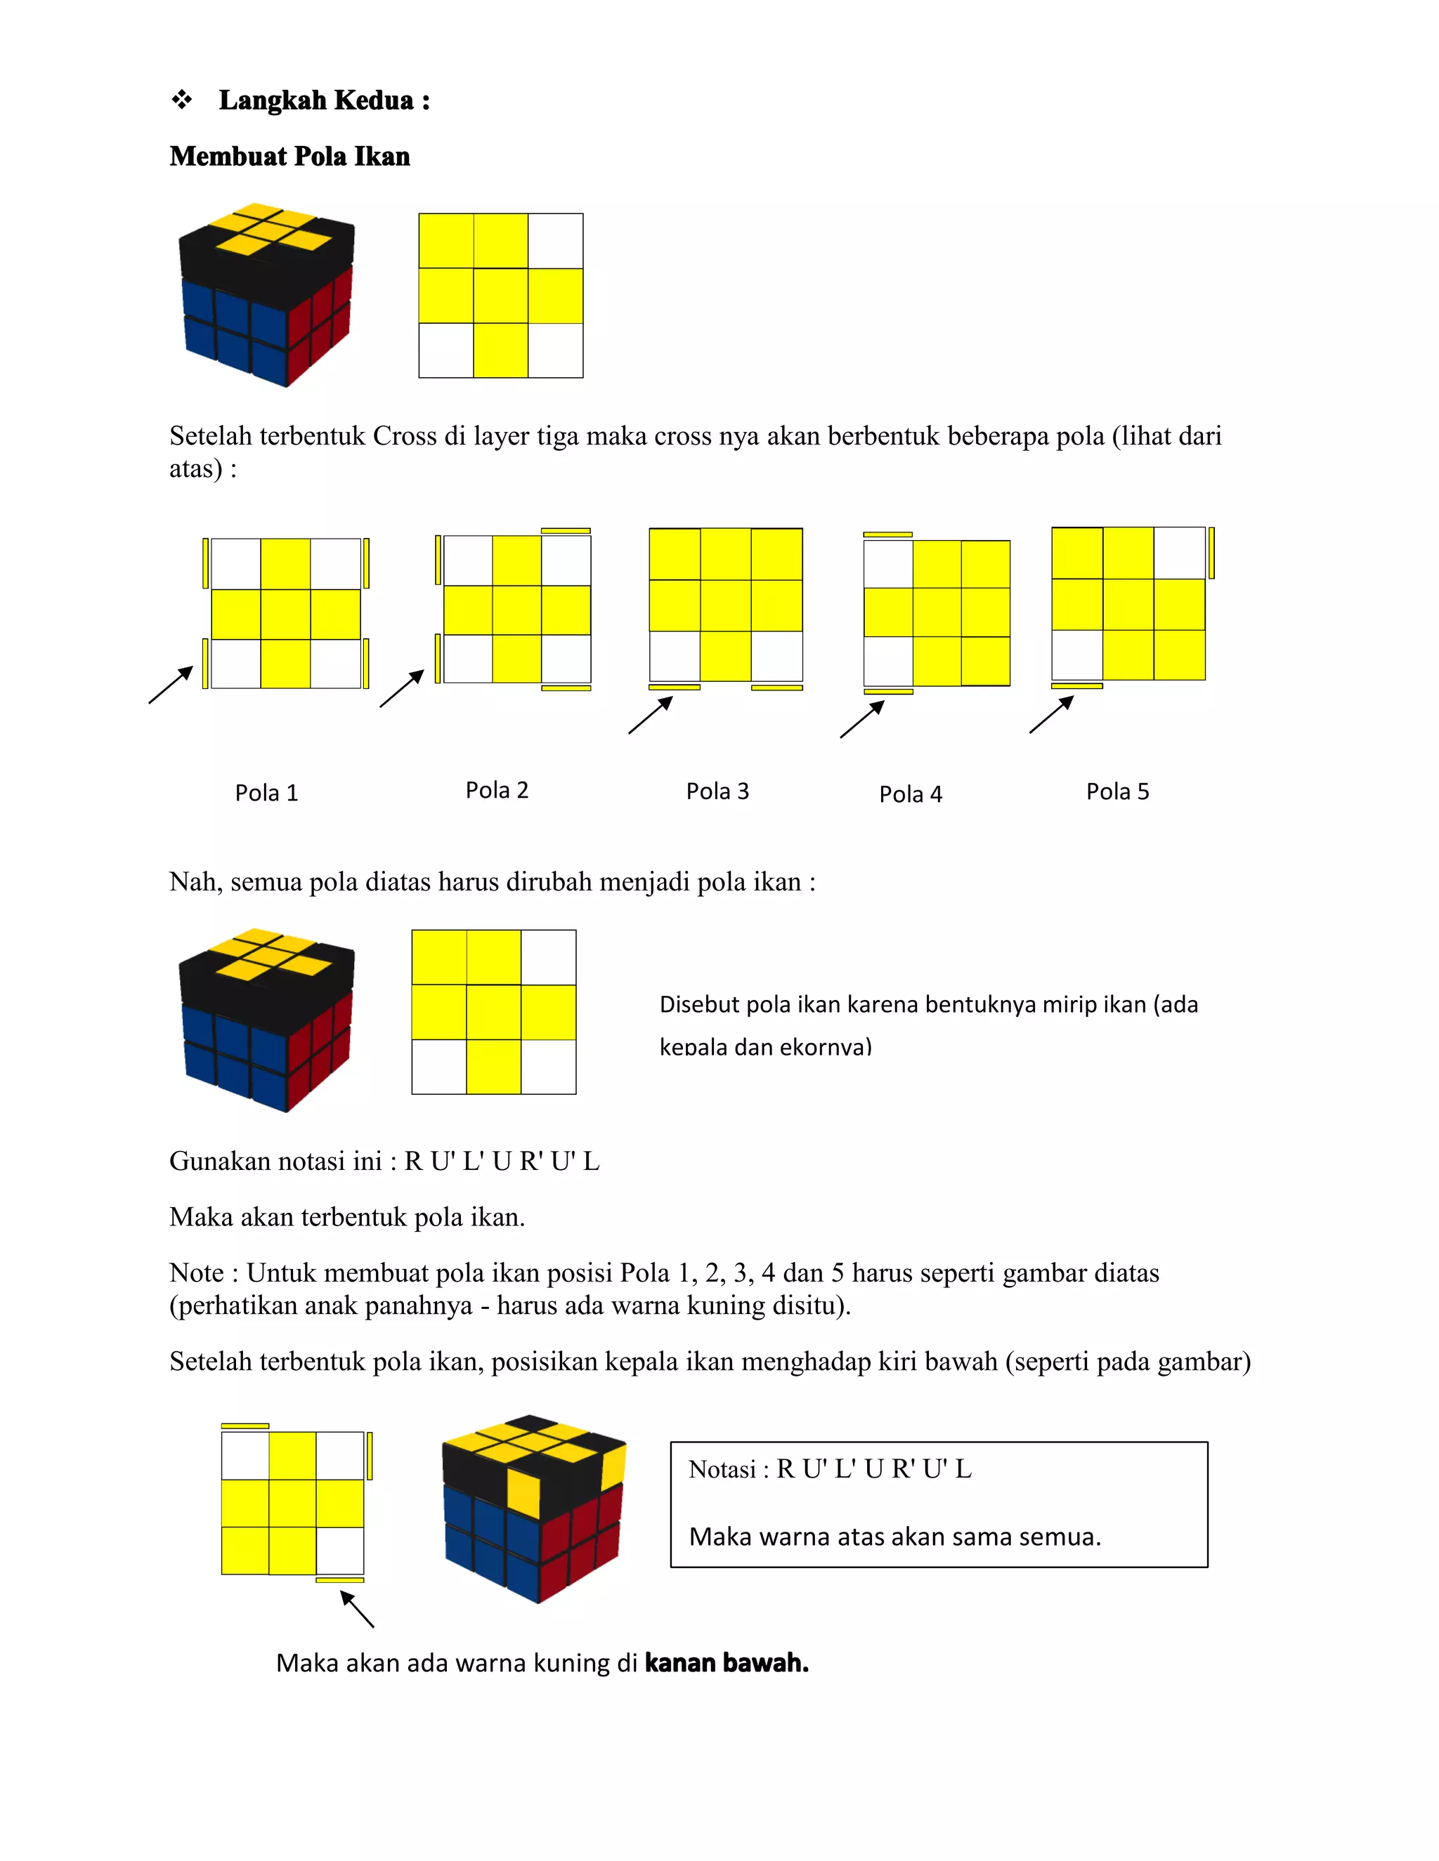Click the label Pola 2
pyautogui.click(x=496, y=791)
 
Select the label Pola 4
pyautogui.click(x=910, y=794)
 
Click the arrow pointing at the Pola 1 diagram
pyautogui.click(x=171, y=685)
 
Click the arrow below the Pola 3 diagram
pyautogui.click(x=651, y=715)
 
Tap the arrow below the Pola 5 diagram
pyautogui.click(x=1051, y=714)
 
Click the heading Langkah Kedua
pyautogui.click(x=323, y=100)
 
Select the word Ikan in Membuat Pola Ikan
pyautogui.click(x=382, y=157)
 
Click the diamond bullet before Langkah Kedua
pyautogui.click(x=181, y=100)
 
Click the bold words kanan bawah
pyautogui.click(x=727, y=1662)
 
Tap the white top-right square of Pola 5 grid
pyautogui.click(x=1179, y=553)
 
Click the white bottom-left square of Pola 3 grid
pyautogui.click(x=675, y=656)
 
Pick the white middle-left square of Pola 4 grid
pyautogui.click(x=887, y=564)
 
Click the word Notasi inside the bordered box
pyautogui.click(x=721, y=1470)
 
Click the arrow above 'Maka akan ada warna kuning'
pyautogui.click(x=357, y=1610)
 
